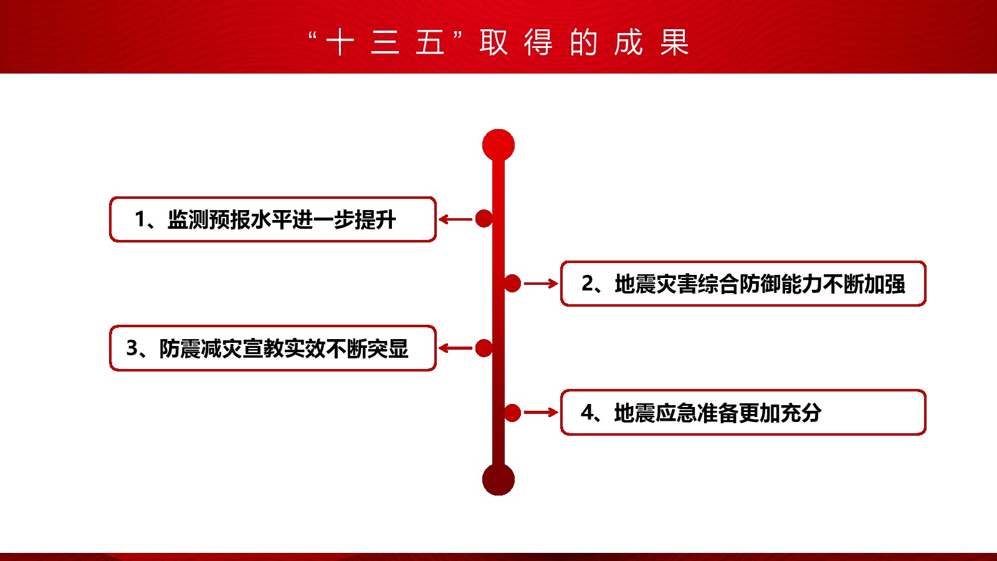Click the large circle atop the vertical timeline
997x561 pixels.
(x=499, y=145)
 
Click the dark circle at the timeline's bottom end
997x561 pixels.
(x=499, y=479)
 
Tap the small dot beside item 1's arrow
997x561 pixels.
(x=484, y=219)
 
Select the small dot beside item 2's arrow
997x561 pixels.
(x=512, y=284)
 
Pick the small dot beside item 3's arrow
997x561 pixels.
(x=484, y=348)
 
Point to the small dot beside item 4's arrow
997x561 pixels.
(x=512, y=413)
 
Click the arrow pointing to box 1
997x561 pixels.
(x=456, y=219)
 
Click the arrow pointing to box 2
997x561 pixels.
(x=541, y=284)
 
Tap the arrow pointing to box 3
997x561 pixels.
(x=456, y=348)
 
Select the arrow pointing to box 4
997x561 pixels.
(x=541, y=413)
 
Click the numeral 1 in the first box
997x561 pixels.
(x=140, y=219)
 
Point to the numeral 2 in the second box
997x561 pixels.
(x=587, y=284)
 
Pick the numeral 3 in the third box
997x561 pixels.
(x=132, y=348)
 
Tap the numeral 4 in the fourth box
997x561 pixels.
(x=586, y=413)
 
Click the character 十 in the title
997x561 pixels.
(x=340, y=43)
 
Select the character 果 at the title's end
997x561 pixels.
(x=674, y=43)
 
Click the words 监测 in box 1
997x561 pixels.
(x=188, y=219)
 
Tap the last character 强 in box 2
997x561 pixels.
(x=895, y=284)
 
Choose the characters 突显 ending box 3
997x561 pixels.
(x=388, y=348)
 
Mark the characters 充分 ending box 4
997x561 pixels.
(x=801, y=413)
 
